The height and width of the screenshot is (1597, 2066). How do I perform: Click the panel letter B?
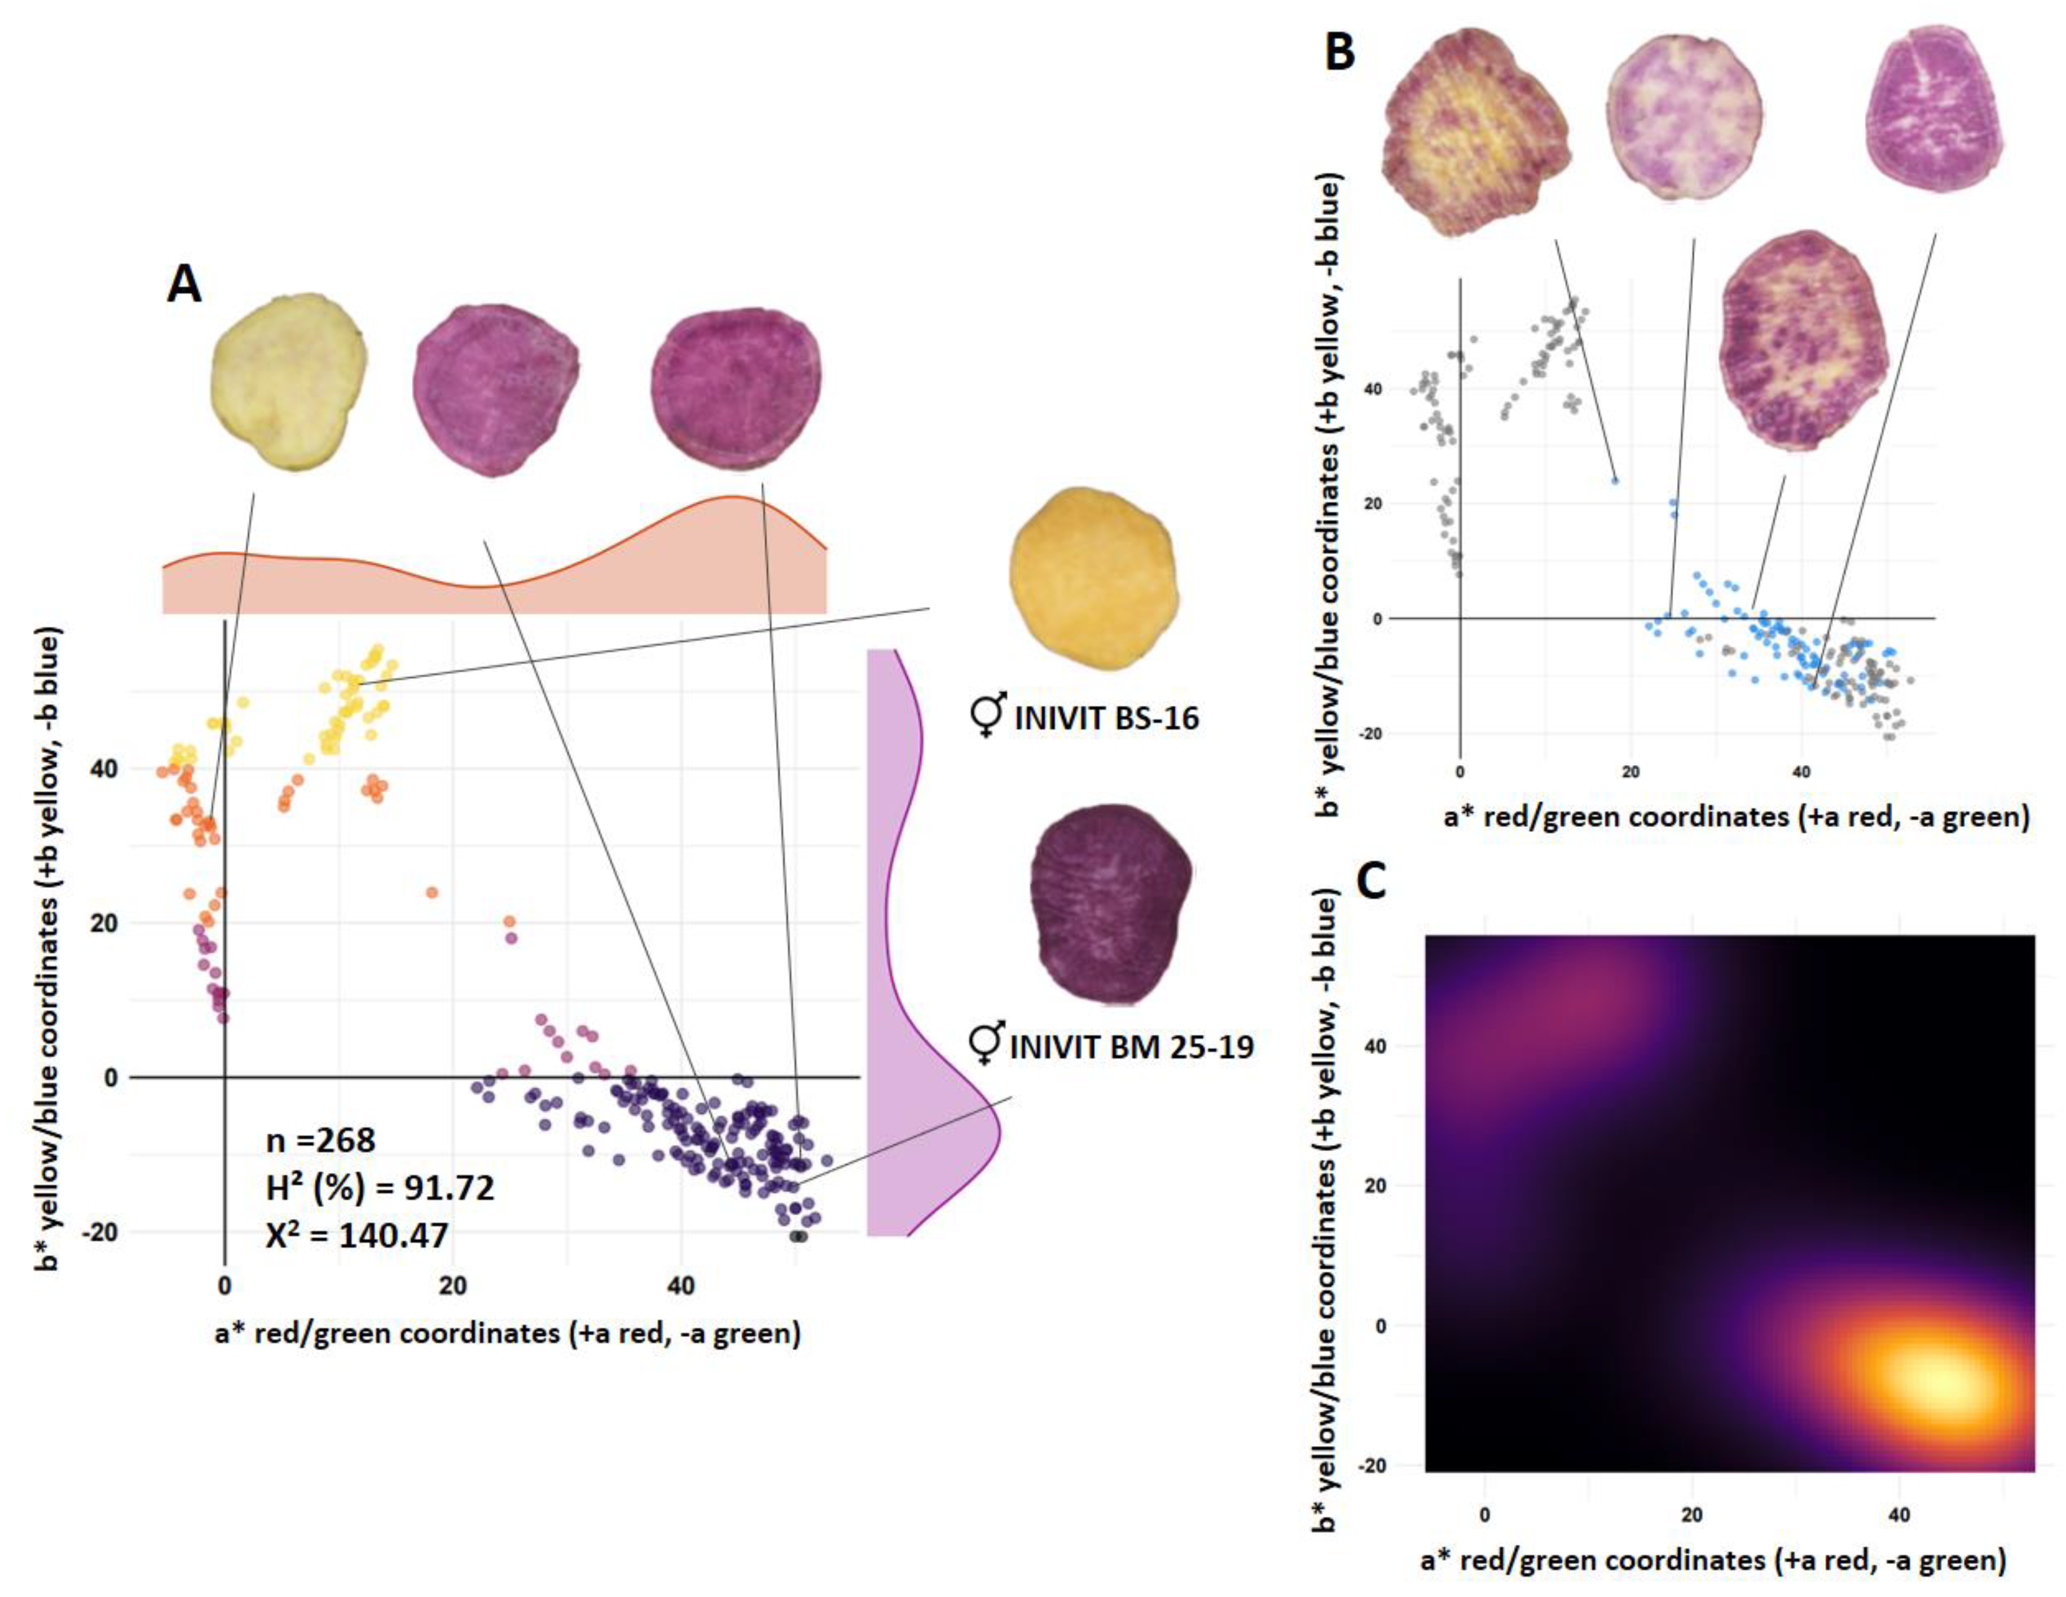pos(1340,52)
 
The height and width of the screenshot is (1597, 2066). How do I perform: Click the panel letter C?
pos(1371,882)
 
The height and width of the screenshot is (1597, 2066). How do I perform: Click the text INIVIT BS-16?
pos(1106,719)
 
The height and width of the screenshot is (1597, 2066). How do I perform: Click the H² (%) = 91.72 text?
pos(379,1188)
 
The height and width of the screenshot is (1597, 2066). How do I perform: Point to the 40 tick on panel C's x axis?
pos(1899,1515)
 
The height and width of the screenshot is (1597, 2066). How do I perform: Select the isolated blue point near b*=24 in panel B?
pos(1616,481)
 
